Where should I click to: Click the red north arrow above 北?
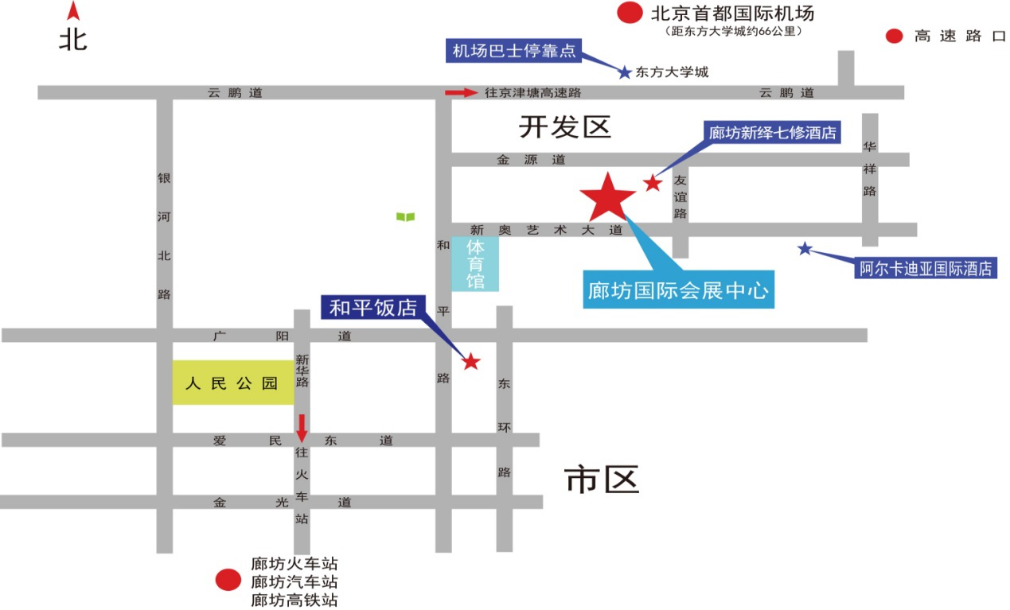73,11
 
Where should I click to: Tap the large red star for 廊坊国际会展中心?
608,197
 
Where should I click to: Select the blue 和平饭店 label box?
373,308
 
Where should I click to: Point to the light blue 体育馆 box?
475,263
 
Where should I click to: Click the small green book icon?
405,216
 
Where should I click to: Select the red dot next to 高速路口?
895,36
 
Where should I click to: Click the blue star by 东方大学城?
625,72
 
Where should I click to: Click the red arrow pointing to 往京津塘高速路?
462,93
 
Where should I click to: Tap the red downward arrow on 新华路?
302,427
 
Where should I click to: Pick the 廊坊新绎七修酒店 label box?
773,132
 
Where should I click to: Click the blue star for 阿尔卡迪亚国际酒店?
805,249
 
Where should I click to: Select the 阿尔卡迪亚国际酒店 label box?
926,268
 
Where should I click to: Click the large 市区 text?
602,480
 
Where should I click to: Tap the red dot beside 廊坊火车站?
229,581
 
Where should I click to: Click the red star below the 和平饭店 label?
471,362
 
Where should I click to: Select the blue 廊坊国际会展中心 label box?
679,290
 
